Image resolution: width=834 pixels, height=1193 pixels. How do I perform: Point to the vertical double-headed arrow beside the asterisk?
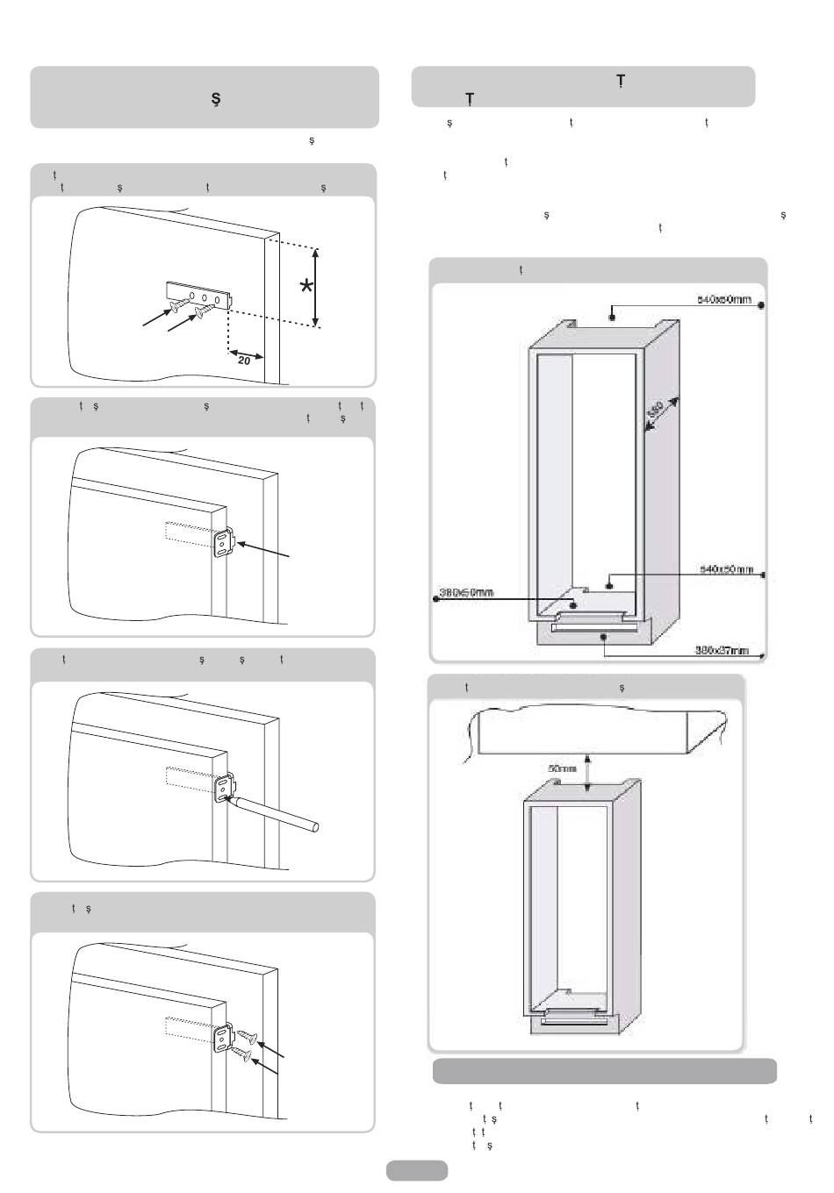click(x=316, y=287)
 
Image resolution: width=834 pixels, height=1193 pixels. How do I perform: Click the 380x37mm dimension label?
click(x=722, y=650)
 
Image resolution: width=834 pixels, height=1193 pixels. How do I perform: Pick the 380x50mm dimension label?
click(x=466, y=592)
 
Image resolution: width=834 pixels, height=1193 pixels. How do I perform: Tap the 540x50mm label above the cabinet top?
click(x=724, y=299)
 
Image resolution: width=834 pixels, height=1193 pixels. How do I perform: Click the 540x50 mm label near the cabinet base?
click(x=726, y=569)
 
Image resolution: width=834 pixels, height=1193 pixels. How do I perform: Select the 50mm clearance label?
click(x=562, y=768)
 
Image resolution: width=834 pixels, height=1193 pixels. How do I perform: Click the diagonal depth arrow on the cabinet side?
click(x=663, y=414)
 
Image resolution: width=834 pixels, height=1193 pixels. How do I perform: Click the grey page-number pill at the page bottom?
click(x=416, y=1170)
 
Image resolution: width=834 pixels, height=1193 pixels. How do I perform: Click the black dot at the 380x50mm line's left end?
click(x=436, y=599)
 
